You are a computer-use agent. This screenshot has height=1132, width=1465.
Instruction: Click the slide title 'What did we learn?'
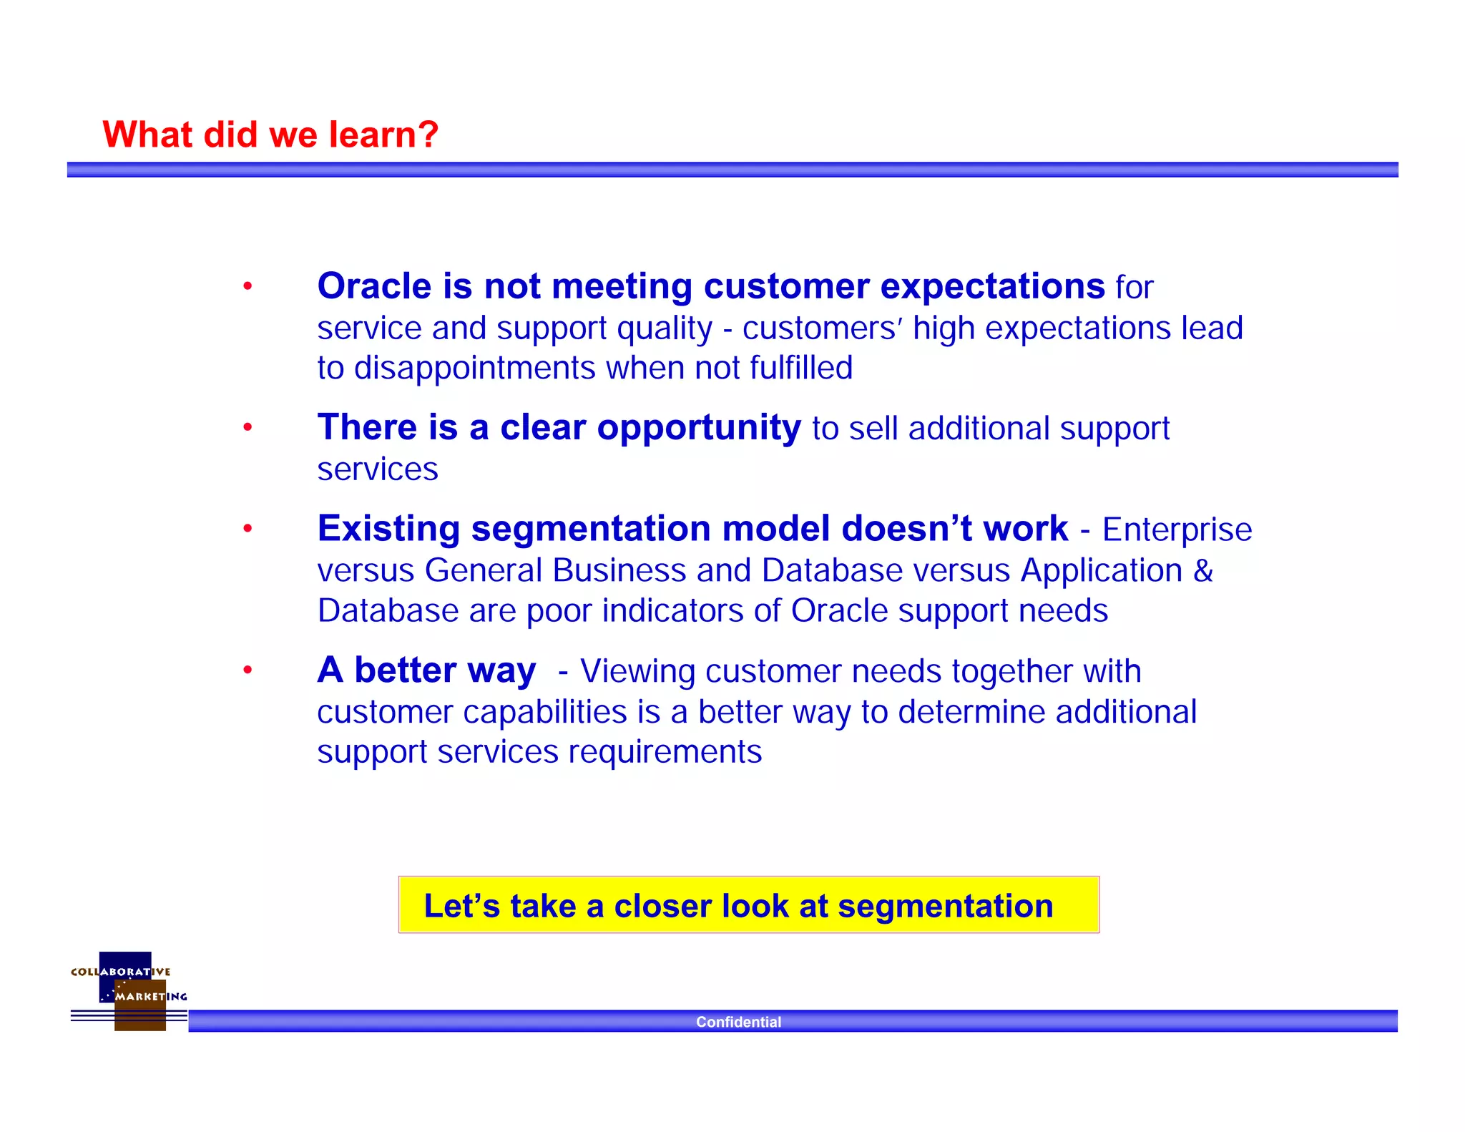click(x=270, y=135)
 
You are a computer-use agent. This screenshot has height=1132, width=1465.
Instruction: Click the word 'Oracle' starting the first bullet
click(x=374, y=286)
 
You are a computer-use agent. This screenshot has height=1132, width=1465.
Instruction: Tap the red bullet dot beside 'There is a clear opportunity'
click(x=248, y=428)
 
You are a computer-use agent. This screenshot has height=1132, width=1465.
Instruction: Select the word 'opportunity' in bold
click(x=698, y=428)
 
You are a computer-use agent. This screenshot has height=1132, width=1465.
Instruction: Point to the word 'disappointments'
click(x=474, y=368)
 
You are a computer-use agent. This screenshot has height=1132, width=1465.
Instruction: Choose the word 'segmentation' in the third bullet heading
click(x=590, y=529)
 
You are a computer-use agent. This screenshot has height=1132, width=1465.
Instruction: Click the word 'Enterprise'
click(x=1177, y=530)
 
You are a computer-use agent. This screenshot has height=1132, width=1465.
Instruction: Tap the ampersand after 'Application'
click(x=1203, y=570)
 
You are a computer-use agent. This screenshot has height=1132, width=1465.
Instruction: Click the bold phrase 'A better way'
click(x=426, y=670)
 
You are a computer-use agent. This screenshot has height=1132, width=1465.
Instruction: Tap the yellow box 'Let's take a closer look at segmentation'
click(x=748, y=905)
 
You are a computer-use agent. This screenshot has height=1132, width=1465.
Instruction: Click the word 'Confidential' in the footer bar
click(x=738, y=1022)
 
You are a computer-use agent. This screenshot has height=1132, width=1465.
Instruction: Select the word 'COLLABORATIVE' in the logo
click(x=120, y=972)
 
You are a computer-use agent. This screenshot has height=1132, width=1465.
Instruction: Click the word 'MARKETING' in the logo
click(x=151, y=996)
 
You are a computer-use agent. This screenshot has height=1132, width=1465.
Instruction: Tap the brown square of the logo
click(x=140, y=1016)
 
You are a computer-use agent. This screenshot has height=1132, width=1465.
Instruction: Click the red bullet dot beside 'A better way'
click(x=248, y=670)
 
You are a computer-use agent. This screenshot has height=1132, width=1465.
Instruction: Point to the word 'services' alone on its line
click(x=377, y=469)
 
